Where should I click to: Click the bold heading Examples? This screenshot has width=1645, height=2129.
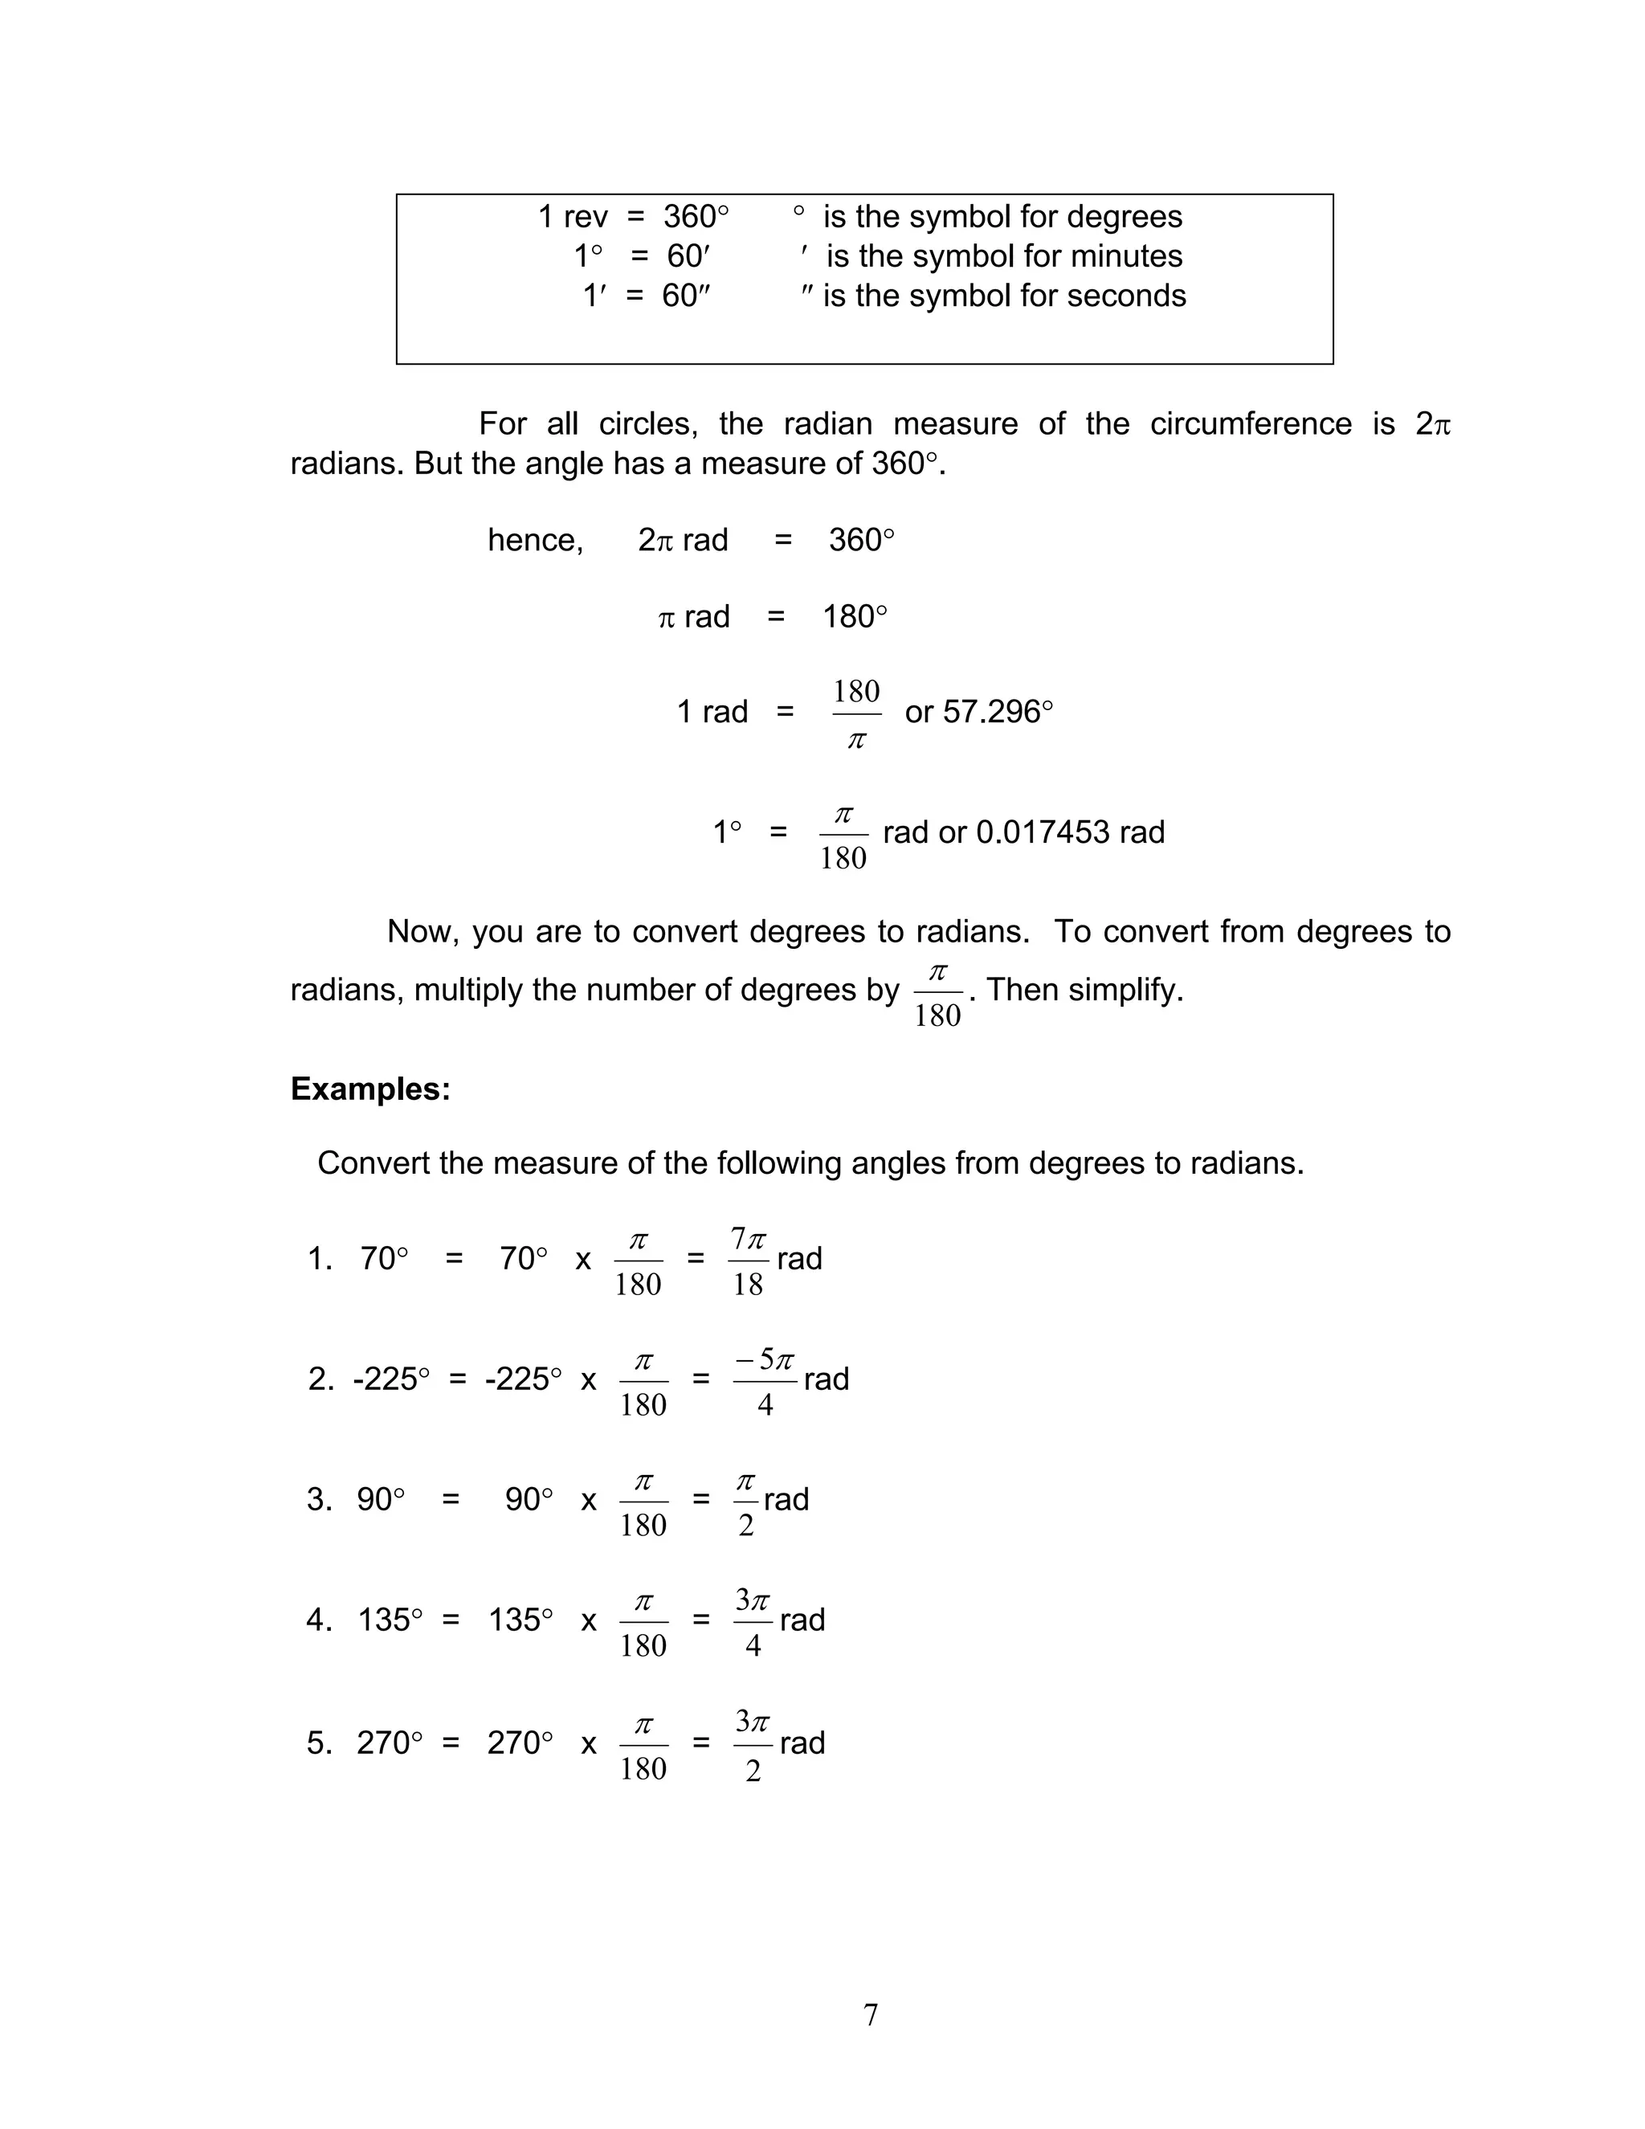pyautogui.click(x=370, y=1089)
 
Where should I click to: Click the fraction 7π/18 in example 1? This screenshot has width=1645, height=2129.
pyautogui.click(x=749, y=1261)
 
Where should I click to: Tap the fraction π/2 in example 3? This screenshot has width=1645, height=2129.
pyautogui.click(x=745, y=1502)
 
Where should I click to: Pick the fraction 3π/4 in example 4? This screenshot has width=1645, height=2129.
pyautogui.click(x=753, y=1623)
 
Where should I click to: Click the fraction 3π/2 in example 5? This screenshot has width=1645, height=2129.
pyautogui.click(x=753, y=1746)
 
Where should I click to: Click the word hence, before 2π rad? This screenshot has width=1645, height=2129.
pyautogui.click(x=535, y=540)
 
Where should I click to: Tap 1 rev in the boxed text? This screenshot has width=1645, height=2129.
pyautogui.click(x=573, y=216)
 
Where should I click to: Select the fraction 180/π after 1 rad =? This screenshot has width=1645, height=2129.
pyautogui.click(x=856, y=714)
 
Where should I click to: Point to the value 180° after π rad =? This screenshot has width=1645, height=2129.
pyautogui.click(x=855, y=617)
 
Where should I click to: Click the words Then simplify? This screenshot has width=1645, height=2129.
pyautogui.click(x=1084, y=991)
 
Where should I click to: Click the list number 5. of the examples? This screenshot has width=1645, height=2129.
pyautogui.click(x=320, y=1743)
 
